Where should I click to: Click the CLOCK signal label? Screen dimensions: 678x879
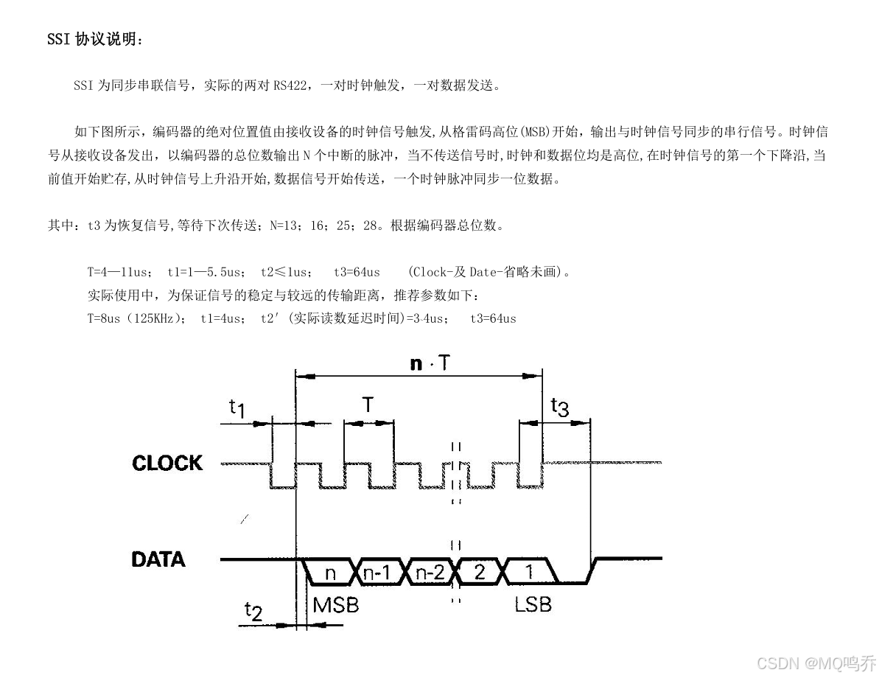pyautogui.click(x=167, y=463)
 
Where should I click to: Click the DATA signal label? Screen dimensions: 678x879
pyautogui.click(x=158, y=559)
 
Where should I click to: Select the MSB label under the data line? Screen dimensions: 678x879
pyautogui.click(x=336, y=605)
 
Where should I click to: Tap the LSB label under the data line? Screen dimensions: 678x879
pyautogui.click(x=533, y=604)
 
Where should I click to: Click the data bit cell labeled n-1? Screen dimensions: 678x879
pyautogui.click(x=377, y=571)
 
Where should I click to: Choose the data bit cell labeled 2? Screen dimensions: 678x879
pyautogui.click(x=479, y=571)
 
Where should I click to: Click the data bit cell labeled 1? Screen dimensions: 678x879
pyautogui.click(x=528, y=571)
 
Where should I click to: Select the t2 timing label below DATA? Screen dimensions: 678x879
pyautogui.click(x=253, y=611)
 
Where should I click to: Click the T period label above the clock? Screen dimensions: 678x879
pyautogui.click(x=367, y=405)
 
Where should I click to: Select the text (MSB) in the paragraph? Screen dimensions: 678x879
pyautogui.click(x=541, y=133)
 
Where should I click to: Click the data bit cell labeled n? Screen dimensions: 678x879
pyautogui.click(x=330, y=571)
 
